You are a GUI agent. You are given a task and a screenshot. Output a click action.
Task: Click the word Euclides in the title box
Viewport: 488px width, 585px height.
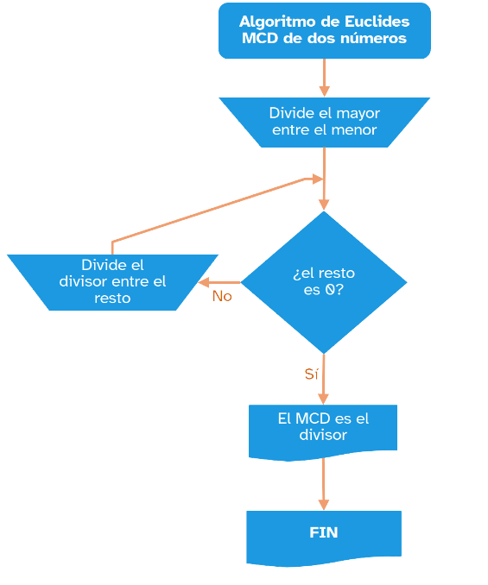pos(377,21)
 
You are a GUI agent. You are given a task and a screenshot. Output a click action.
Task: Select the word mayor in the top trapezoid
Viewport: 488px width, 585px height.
pos(358,113)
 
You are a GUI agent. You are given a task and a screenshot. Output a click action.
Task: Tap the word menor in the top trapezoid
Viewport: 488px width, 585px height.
pos(356,130)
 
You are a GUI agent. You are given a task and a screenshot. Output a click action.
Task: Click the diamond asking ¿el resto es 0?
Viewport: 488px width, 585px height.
pos(324,282)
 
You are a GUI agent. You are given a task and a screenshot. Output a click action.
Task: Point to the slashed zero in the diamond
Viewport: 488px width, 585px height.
pos(329,290)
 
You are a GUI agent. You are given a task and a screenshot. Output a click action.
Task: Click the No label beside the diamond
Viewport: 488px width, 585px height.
pos(222,296)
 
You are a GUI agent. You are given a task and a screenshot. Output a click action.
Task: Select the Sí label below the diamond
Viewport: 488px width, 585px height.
pos(311,374)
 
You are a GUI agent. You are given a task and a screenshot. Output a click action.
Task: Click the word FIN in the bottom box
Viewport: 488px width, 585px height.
pos(324,532)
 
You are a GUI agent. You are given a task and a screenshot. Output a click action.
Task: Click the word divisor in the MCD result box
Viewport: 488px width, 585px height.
pos(323,436)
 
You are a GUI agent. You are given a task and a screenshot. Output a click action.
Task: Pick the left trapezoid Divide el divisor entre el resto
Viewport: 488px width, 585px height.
pos(112,282)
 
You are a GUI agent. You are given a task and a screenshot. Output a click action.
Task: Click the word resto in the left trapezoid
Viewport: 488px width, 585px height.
pos(112,299)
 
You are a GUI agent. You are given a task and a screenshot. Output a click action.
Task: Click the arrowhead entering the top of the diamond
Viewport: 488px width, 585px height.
pos(324,204)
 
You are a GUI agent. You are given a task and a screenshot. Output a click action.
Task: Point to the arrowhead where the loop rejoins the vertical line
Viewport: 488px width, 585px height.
pos(316,179)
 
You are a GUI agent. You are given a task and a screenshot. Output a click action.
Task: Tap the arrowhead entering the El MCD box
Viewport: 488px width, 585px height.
pos(324,398)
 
